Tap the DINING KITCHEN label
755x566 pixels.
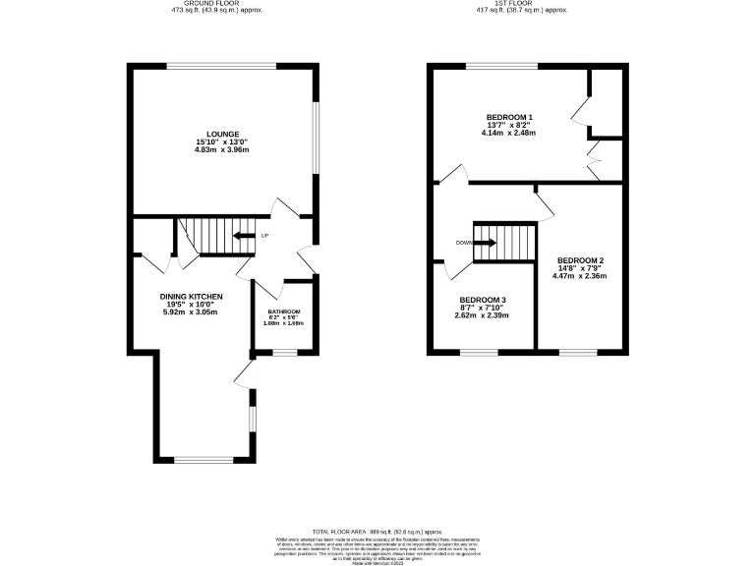(x=192, y=296)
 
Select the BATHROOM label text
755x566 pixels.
(x=283, y=312)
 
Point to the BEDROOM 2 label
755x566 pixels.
(x=579, y=260)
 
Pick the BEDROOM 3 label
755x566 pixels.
(x=483, y=300)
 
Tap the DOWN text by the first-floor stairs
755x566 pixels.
(x=463, y=242)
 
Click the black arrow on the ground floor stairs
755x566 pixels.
(x=242, y=235)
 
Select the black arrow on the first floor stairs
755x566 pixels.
(x=485, y=242)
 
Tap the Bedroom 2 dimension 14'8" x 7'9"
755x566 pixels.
(x=579, y=268)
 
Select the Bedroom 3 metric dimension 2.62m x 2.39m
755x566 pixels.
(x=483, y=316)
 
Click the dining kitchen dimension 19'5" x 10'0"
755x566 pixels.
(x=192, y=305)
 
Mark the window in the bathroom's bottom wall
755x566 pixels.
(x=285, y=351)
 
